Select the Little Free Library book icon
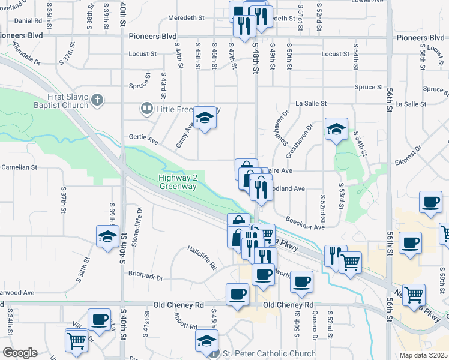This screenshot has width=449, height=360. (146, 109)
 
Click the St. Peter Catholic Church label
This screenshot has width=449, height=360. (269, 353)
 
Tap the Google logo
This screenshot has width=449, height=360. (19, 353)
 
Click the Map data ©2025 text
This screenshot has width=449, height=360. (424, 355)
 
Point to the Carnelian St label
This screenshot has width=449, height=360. (19, 167)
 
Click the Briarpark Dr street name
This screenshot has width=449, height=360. (146, 276)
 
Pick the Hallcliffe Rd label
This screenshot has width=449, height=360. (201, 257)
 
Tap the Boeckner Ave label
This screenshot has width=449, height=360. (305, 223)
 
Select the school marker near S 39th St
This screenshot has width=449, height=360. (107, 236)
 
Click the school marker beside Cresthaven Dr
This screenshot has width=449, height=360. (336, 128)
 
